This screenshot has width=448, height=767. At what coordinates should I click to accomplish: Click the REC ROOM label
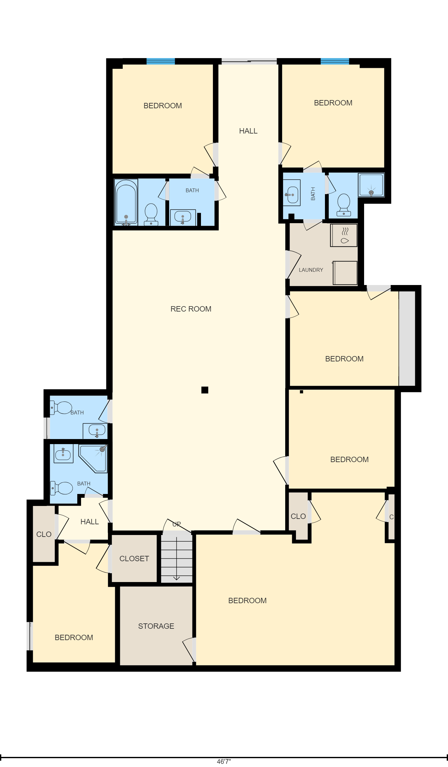tap(191, 309)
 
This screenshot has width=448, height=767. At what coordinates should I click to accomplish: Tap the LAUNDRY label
tap(311, 270)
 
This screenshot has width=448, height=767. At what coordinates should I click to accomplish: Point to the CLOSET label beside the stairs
tap(134, 559)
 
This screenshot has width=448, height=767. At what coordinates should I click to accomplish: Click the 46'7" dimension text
tap(224, 762)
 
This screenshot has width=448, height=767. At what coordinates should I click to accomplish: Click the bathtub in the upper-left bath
tap(126, 202)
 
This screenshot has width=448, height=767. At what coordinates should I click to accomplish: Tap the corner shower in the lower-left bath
tap(93, 458)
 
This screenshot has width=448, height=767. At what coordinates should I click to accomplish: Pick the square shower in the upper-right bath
tap(371, 185)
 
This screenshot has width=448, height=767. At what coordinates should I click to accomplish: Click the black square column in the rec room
tap(205, 390)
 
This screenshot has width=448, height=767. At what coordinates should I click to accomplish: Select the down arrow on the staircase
tap(177, 559)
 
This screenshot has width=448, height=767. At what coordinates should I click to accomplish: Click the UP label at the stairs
tap(177, 524)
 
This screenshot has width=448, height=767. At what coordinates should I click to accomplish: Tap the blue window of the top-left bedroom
tap(161, 61)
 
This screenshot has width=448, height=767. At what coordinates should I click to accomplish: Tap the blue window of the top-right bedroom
tap(335, 61)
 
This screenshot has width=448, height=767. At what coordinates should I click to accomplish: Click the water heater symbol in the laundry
tap(344, 235)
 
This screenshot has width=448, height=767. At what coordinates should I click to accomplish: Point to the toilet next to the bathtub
tap(151, 214)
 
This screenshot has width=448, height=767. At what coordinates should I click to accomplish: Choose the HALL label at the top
tap(248, 131)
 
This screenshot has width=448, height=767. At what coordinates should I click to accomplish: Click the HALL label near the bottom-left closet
tap(90, 522)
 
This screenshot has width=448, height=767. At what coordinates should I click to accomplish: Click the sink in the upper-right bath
tap(292, 195)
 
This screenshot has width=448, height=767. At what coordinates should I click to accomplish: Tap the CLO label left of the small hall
tap(44, 534)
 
